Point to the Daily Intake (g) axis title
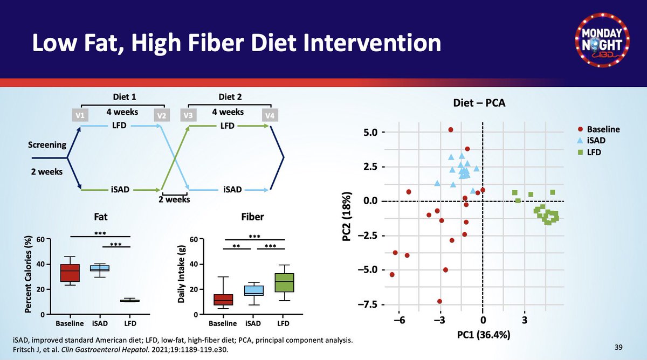[182, 276]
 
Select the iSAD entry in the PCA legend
[596, 141]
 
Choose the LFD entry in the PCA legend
[594, 152]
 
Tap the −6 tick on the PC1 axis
[398, 320]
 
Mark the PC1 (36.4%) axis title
[483, 335]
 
